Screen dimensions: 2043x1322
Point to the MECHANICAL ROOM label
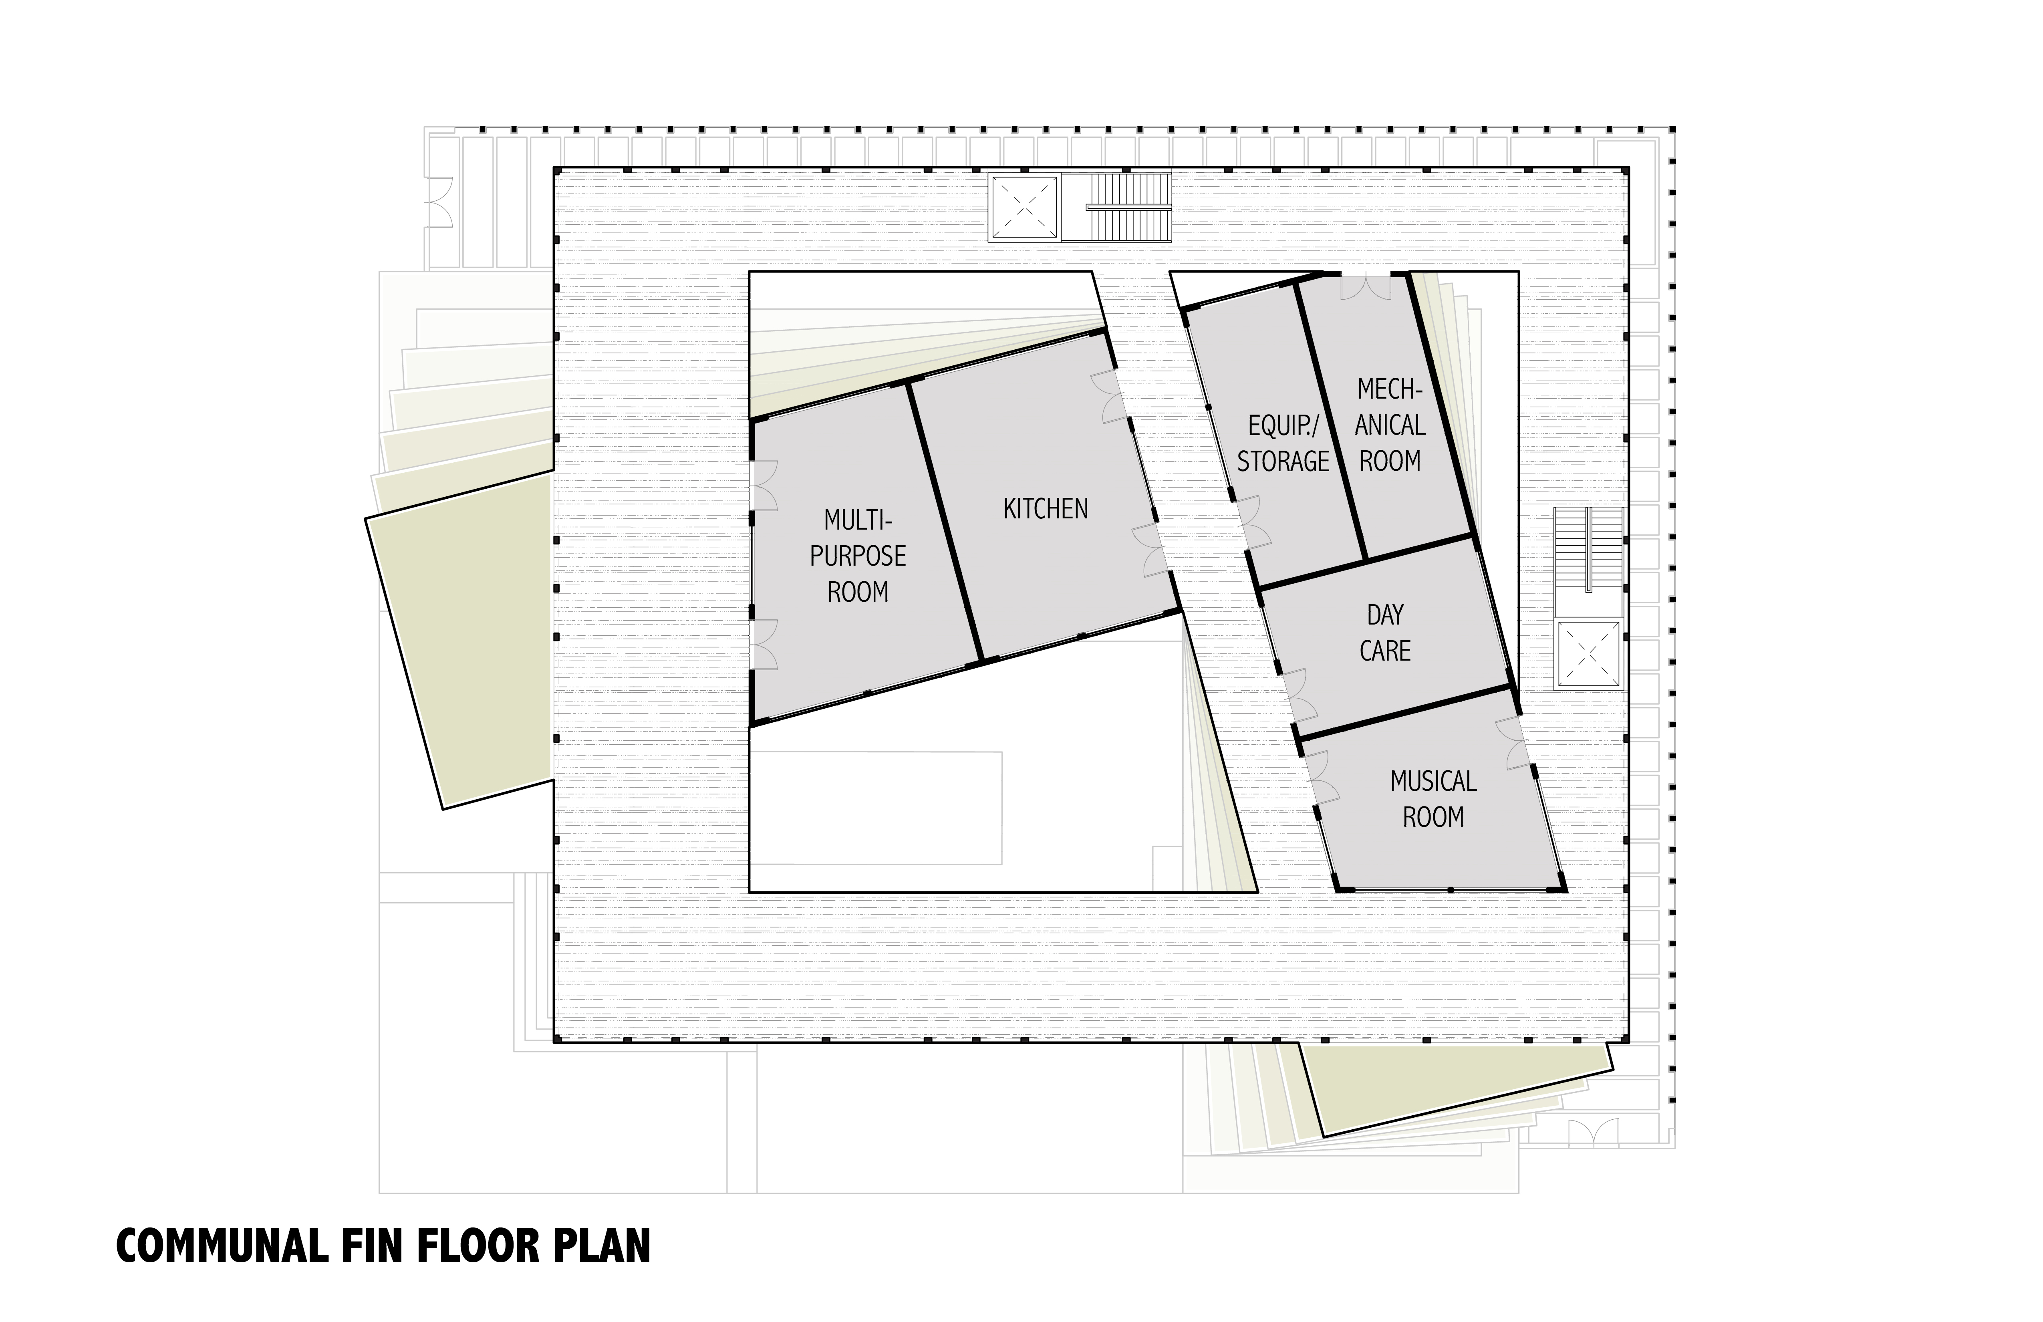[x=1390, y=425]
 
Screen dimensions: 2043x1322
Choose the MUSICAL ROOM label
[x=1433, y=798]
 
